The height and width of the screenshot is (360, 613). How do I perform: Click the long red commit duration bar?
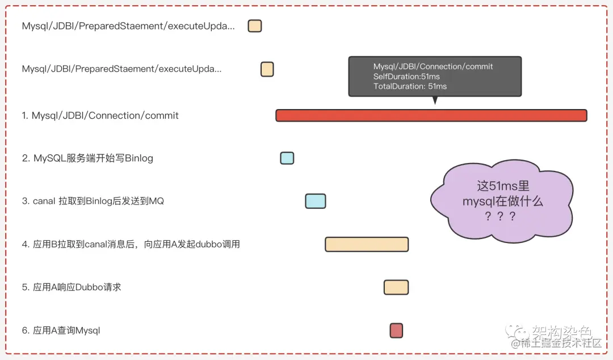tap(431, 115)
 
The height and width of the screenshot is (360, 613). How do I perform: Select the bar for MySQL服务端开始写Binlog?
tap(287, 158)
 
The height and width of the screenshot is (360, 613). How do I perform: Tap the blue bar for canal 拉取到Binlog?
tap(316, 201)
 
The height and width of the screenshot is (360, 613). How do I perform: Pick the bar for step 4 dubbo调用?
tap(367, 244)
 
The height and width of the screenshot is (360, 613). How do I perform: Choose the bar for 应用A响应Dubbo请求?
tap(396, 287)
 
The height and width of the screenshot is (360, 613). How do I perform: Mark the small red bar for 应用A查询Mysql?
tap(396, 330)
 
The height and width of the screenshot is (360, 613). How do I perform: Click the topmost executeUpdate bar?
tap(255, 26)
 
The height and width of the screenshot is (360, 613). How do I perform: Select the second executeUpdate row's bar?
tap(267, 69)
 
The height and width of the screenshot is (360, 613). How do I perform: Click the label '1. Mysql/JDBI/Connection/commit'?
tap(100, 116)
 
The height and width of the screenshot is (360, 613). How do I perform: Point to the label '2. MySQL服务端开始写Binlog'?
tap(87, 158)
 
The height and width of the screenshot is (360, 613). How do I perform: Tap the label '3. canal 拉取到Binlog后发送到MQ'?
tap(93, 201)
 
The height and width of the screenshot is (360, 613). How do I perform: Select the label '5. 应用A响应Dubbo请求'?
tap(72, 287)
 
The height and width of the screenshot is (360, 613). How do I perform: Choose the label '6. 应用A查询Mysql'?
tap(61, 330)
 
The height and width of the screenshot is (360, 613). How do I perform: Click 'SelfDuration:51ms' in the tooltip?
tap(406, 77)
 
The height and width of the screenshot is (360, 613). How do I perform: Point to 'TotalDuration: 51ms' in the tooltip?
tap(410, 86)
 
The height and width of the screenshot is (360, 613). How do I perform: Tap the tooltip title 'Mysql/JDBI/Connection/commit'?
tap(433, 66)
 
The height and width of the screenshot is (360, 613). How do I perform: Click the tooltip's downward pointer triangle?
tap(435, 101)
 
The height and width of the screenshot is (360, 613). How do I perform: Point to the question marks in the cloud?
tap(499, 216)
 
